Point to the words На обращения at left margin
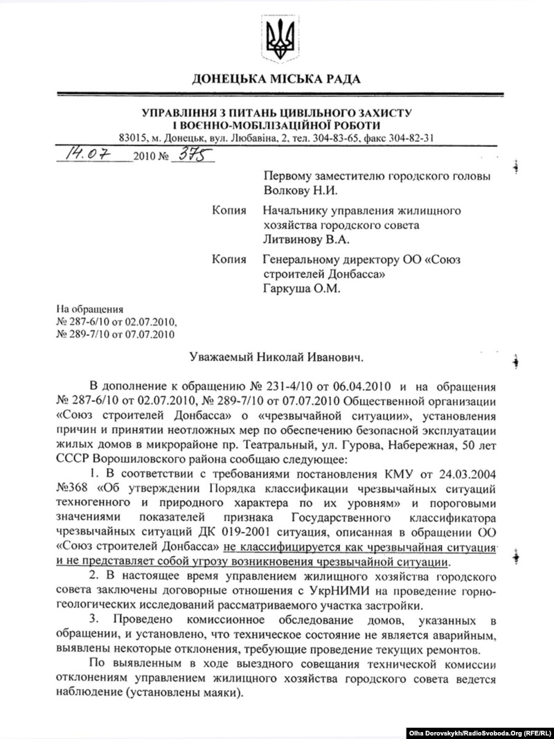coord(91,310)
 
